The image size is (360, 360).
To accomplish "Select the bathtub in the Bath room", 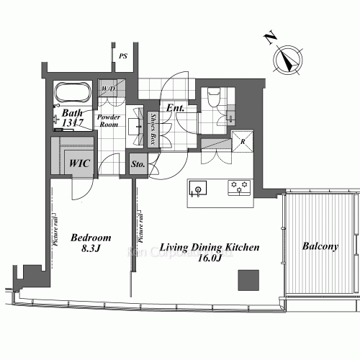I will (x=72, y=94).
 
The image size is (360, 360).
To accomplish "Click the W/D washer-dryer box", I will (x=110, y=89).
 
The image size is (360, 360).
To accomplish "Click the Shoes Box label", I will (x=153, y=130).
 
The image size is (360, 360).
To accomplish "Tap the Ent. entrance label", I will (x=176, y=109).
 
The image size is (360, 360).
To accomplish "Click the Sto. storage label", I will (x=138, y=165).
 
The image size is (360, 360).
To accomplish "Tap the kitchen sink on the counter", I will (x=197, y=189).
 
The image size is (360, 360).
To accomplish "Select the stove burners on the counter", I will (x=238, y=188).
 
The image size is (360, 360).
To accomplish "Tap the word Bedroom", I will (x=91, y=238).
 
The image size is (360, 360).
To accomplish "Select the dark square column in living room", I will (x=249, y=279).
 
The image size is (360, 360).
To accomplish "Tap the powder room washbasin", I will (x=135, y=127).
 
